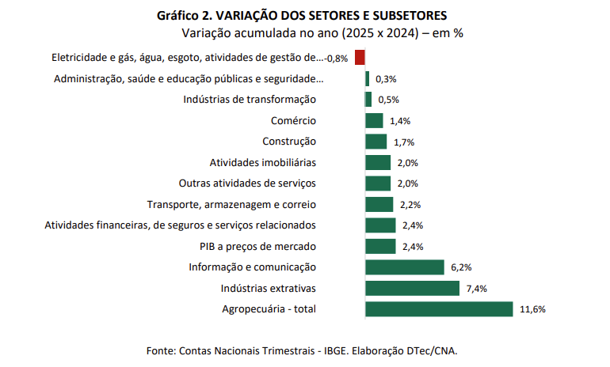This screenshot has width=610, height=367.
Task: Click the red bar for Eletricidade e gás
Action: (x=360, y=58)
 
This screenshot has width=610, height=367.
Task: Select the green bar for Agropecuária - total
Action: (x=439, y=308)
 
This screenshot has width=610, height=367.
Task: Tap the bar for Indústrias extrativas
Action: (x=412, y=288)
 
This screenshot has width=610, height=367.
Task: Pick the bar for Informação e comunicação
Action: (x=404, y=267)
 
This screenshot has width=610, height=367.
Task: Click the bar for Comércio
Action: (x=374, y=121)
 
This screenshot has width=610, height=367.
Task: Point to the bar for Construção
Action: (x=376, y=142)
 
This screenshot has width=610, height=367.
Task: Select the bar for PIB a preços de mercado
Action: (x=380, y=246)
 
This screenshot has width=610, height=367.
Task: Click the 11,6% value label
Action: (x=532, y=309)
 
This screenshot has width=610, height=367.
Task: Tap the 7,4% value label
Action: (x=476, y=289)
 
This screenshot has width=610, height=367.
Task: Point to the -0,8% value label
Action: (x=337, y=59)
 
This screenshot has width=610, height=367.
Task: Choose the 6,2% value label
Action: (x=461, y=267)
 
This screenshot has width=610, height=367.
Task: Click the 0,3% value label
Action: (x=386, y=79)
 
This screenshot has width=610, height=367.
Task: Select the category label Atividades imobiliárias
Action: (x=262, y=162)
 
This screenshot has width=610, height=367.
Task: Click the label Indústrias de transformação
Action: (x=250, y=100)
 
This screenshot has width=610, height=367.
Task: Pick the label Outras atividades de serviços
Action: (x=247, y=183)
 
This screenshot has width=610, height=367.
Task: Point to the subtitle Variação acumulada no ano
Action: (x=322, y=34)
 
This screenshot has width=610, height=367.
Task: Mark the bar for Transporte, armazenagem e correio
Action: (x=379, y=204)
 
